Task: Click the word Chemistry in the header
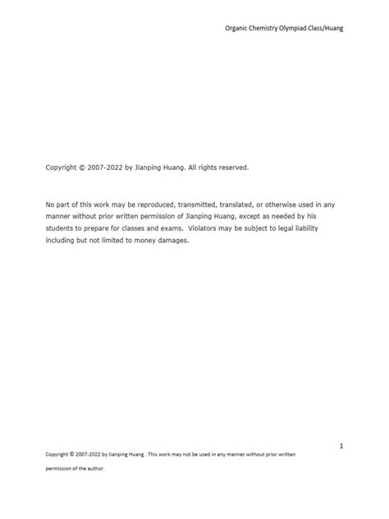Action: coord(268,28)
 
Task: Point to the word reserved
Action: coord(231,168)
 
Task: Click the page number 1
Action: coord(341,445)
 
